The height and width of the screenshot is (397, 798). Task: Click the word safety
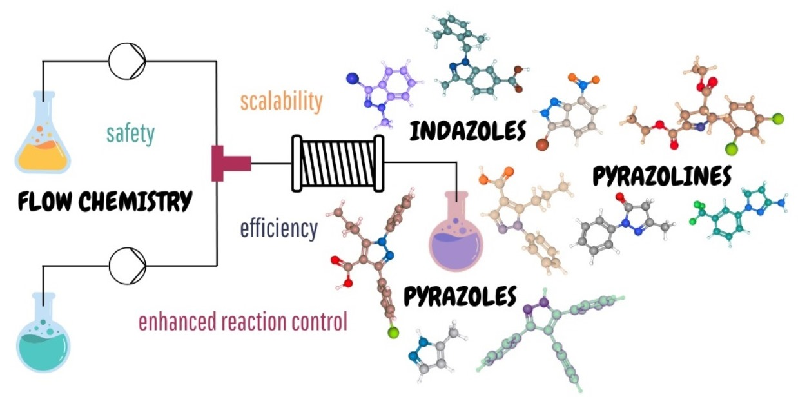131,133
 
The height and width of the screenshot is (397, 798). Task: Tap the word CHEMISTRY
135,201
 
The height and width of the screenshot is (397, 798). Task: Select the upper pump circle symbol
127,62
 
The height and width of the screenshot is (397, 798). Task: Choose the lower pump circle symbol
127,264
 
